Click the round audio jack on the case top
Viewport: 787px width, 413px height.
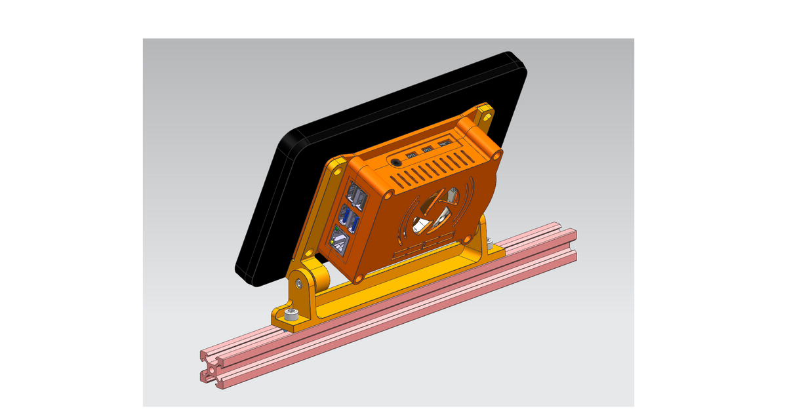pyautogui.click(x=396, y=161)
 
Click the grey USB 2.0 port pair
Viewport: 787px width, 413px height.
pyautogui.click(x=355, y=195)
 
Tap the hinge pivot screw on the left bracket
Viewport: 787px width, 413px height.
pyautogui.click(x=298, y=283)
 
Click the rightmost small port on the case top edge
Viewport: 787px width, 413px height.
pyautogui.click(x=445, y=143)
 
